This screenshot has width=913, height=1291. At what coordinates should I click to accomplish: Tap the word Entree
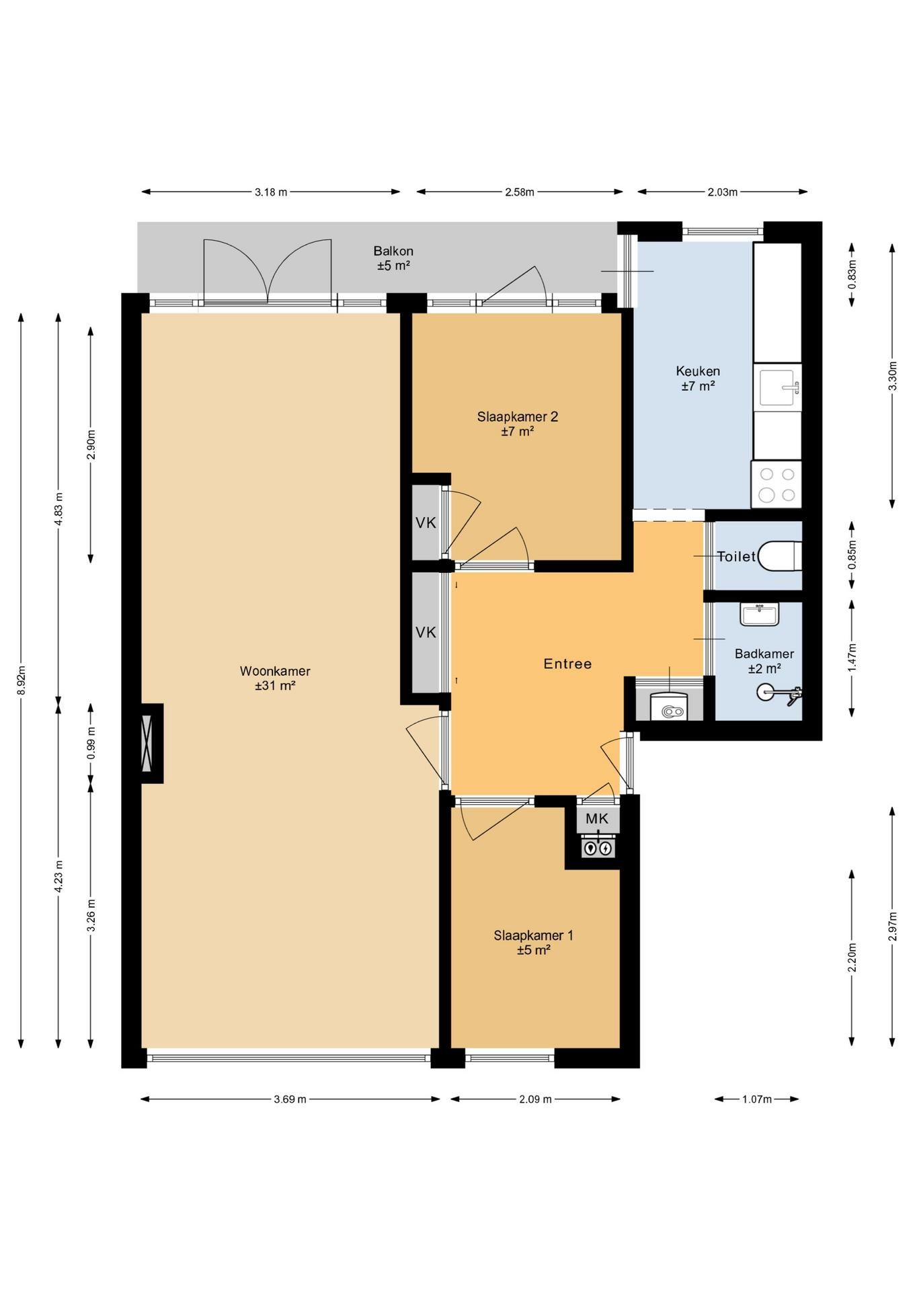click(568, 664)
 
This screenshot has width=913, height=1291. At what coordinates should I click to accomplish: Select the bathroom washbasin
click(759, 614)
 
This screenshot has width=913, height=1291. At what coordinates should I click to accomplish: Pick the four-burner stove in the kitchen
click(777, 484)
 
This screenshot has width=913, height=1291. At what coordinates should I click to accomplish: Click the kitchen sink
click(778, 387)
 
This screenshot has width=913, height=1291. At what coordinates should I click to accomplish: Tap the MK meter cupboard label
click(597, 818)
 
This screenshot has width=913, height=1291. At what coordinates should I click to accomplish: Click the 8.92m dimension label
click(22, 680)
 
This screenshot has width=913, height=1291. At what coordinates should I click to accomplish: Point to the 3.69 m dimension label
click(290, 1099)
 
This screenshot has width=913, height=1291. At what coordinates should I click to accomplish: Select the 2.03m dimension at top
click(722, 192)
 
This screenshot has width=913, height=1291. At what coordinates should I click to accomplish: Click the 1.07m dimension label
click(756, 1099)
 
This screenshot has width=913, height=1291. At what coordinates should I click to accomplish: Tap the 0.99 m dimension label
click(91, 743)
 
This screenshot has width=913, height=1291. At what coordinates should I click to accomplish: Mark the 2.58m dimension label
click(520, 192)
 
